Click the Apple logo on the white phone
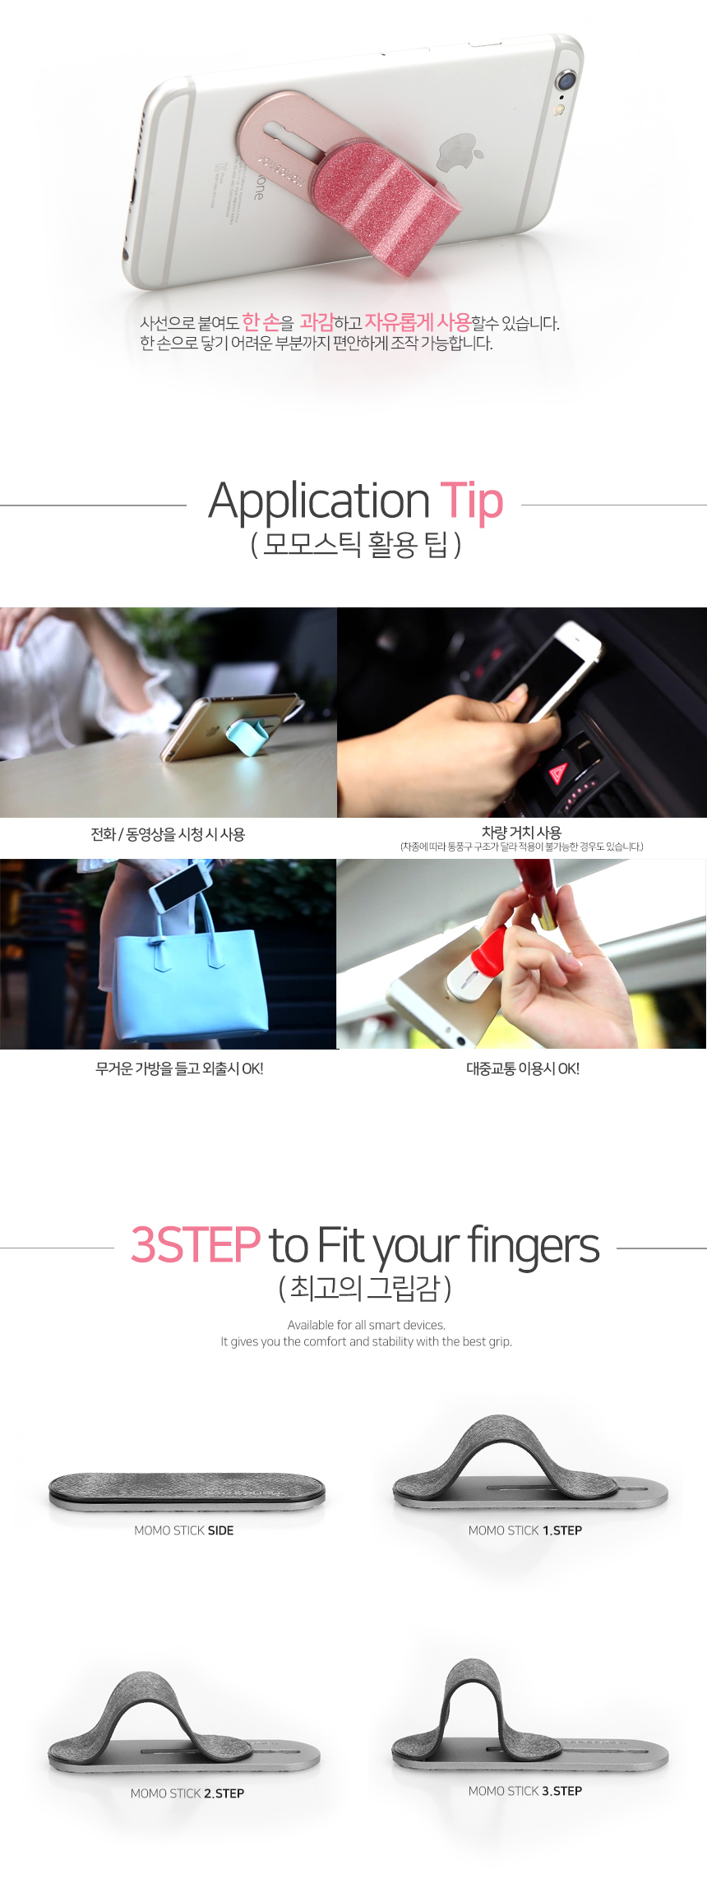(x=460, y=155)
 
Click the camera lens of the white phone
(x=566, y=81)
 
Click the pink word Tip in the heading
(x=471, y=501)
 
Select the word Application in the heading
(x=319, y=501)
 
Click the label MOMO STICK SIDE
(x=184, y=1530)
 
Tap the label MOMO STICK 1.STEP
(x=525, y=1530)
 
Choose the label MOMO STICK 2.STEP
(x=187, y=1793)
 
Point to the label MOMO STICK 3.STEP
(x=525, y=1791)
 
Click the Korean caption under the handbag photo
(x=179, y=1068)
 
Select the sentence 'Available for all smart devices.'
(x=367, y=1325)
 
